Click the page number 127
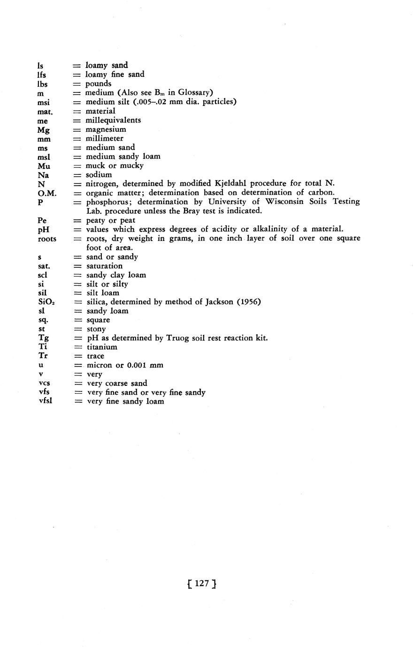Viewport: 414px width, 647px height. tap(201, 583)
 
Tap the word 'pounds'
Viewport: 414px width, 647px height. tap(98, 84)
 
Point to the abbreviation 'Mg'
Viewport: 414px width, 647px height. tap(44, 130)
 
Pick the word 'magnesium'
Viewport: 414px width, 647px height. tap(106, 129)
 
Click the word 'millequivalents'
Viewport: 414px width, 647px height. tap(113, 120)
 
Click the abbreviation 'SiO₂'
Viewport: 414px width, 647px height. tap(46, 302)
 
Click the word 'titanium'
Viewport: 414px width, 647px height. tap(102, 347)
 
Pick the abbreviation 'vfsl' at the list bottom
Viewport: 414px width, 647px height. tap(46, 402)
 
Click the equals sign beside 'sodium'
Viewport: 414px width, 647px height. tap(77, 175)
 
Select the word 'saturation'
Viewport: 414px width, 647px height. tap(104, 266)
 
